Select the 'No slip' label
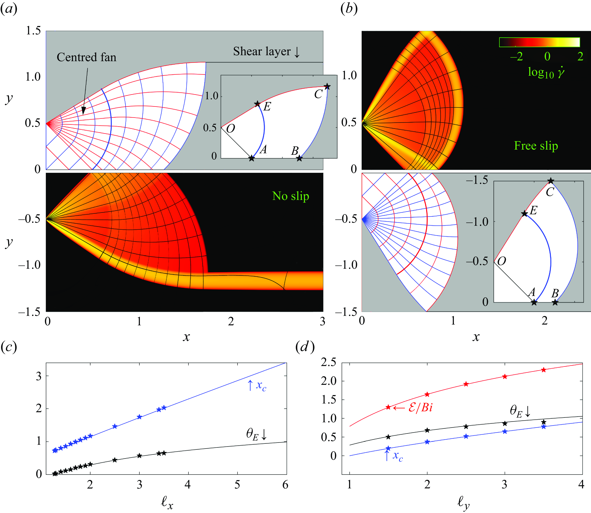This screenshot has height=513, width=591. tap(291, 196)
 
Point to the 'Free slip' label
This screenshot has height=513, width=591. tap(536, 146)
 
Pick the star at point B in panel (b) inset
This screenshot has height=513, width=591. tap(555, 302)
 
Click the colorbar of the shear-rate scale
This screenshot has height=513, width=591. tap(539, 42)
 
